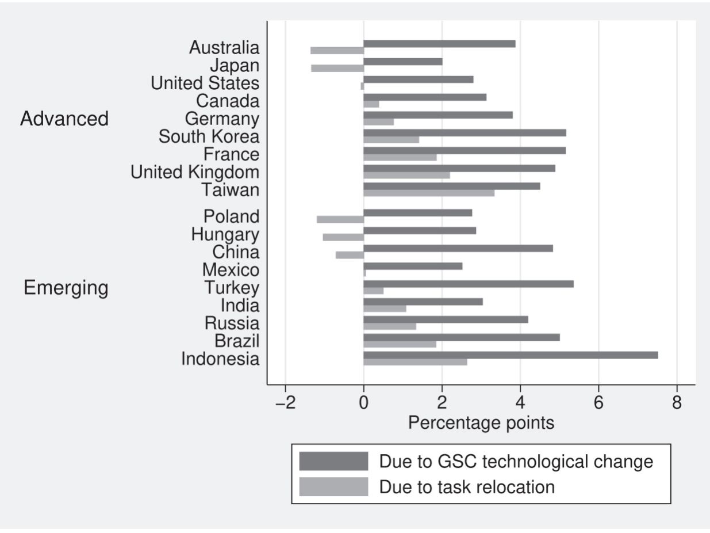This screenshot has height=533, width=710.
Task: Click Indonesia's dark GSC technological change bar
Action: pyautogui.click(x=511, y=355)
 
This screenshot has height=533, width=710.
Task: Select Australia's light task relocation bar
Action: pyautogui.click(x=337, y=51)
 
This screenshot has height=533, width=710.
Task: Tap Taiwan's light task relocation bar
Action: pyautogui.click(x=429, y=193)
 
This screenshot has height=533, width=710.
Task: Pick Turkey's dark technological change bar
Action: pyautogui.click(x=469, y=284)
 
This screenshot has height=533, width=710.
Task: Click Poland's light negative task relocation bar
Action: pyautogui.click(x=340, y=219)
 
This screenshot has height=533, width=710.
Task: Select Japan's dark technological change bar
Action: pyautogui.click(x=403, y=62)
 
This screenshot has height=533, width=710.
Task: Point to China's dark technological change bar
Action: pyautogui.click(x=458, y=248)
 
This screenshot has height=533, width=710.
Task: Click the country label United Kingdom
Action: pyautogui.click(x=195, y=172)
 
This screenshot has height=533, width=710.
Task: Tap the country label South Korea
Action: pyautogui.click(x=209, y=137)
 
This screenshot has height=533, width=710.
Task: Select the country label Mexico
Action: pyautogui.click(x=231, y=269)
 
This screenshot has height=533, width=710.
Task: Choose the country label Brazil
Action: pyautogui.click(x=237, y=341)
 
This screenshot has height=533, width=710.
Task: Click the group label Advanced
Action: pyautogui.click(x=64, y=119)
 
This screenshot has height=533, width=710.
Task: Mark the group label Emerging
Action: pyautogui.click(x=66, y=288)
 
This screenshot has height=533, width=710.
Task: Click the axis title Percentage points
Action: pyautogui.click(x=481, y=424)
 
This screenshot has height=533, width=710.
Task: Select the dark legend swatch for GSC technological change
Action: pyautogui.click(x=333, y=461)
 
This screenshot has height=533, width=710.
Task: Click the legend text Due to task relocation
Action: pyautogui.click(x=467, y=487)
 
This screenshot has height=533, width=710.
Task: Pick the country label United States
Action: pyautogui.click(x=205, y=83)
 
